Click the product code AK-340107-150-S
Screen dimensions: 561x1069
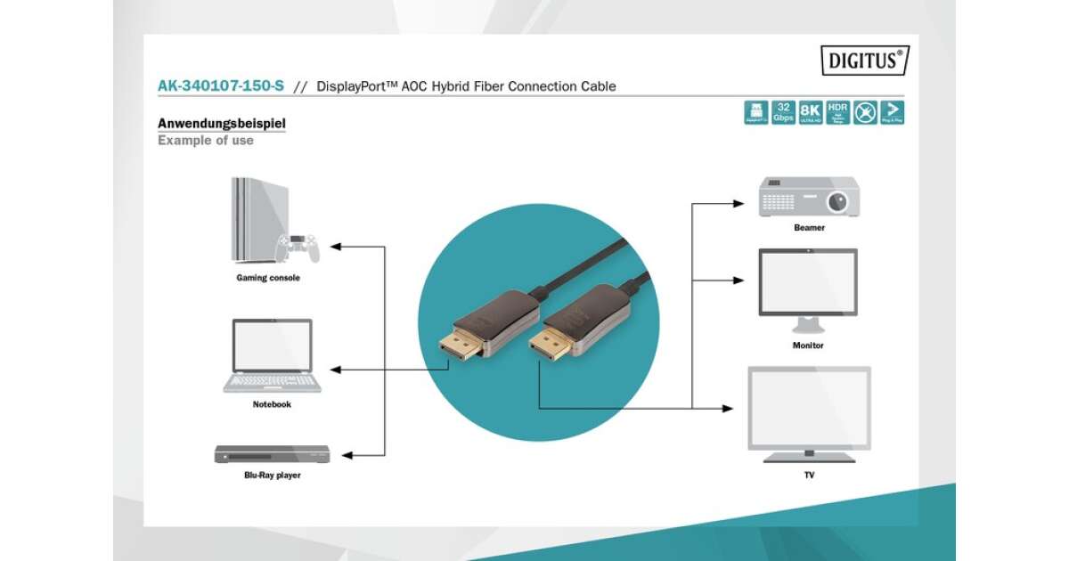pyautogui.click(x=221, y=86)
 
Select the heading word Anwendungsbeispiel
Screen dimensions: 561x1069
pyautogui.click(x=222, y=123)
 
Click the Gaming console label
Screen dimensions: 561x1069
pyautogui.click(x=268, y=278)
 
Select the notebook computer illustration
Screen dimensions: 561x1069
pyautogui.click(x=272, y=355)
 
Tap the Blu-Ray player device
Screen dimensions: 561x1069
pyautogui.click(x=272, y=454)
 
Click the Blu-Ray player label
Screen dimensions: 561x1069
pyautogui.click(x=272, y=476)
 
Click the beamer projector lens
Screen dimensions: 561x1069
pyautogui.click(x=837, y=202)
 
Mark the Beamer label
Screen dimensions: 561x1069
pyautogui.click(x=809, y=228)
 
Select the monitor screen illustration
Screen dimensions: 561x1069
pyautogui.click(x=808, y=281)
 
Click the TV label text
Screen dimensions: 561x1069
pyautogui.click(x=809, y=476)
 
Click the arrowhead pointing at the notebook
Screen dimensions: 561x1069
pyautogui.click(x=335, y=369)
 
